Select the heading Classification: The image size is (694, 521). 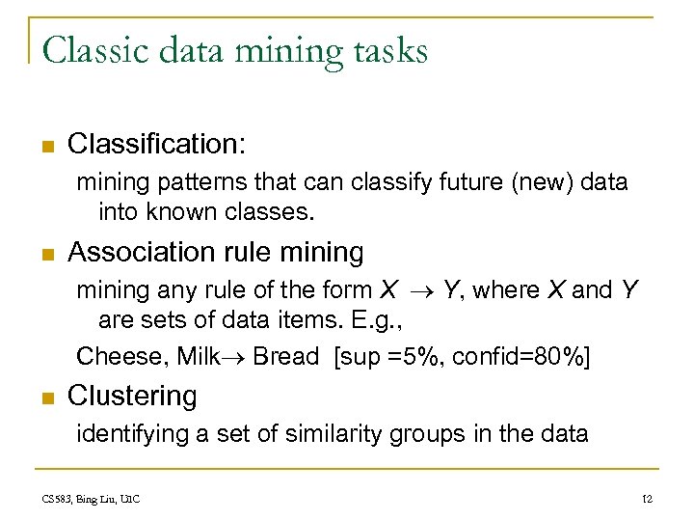point(157,145)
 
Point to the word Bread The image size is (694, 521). point(286,356)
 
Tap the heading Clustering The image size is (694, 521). point(132,396)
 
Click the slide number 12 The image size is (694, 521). point(647,499)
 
